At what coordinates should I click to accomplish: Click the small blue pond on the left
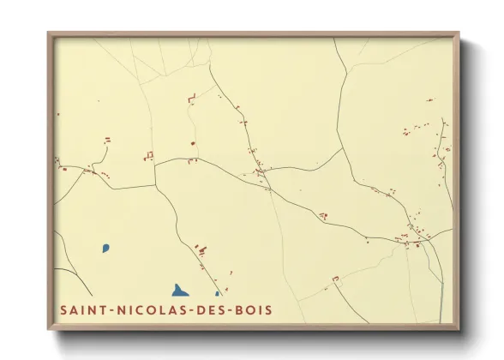click(x=106, y=249)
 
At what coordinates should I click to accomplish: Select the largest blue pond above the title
click(x=179, y=291)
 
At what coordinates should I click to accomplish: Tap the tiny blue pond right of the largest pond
click(x=217, y=294)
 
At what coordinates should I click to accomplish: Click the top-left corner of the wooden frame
click(x=49, y=33)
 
